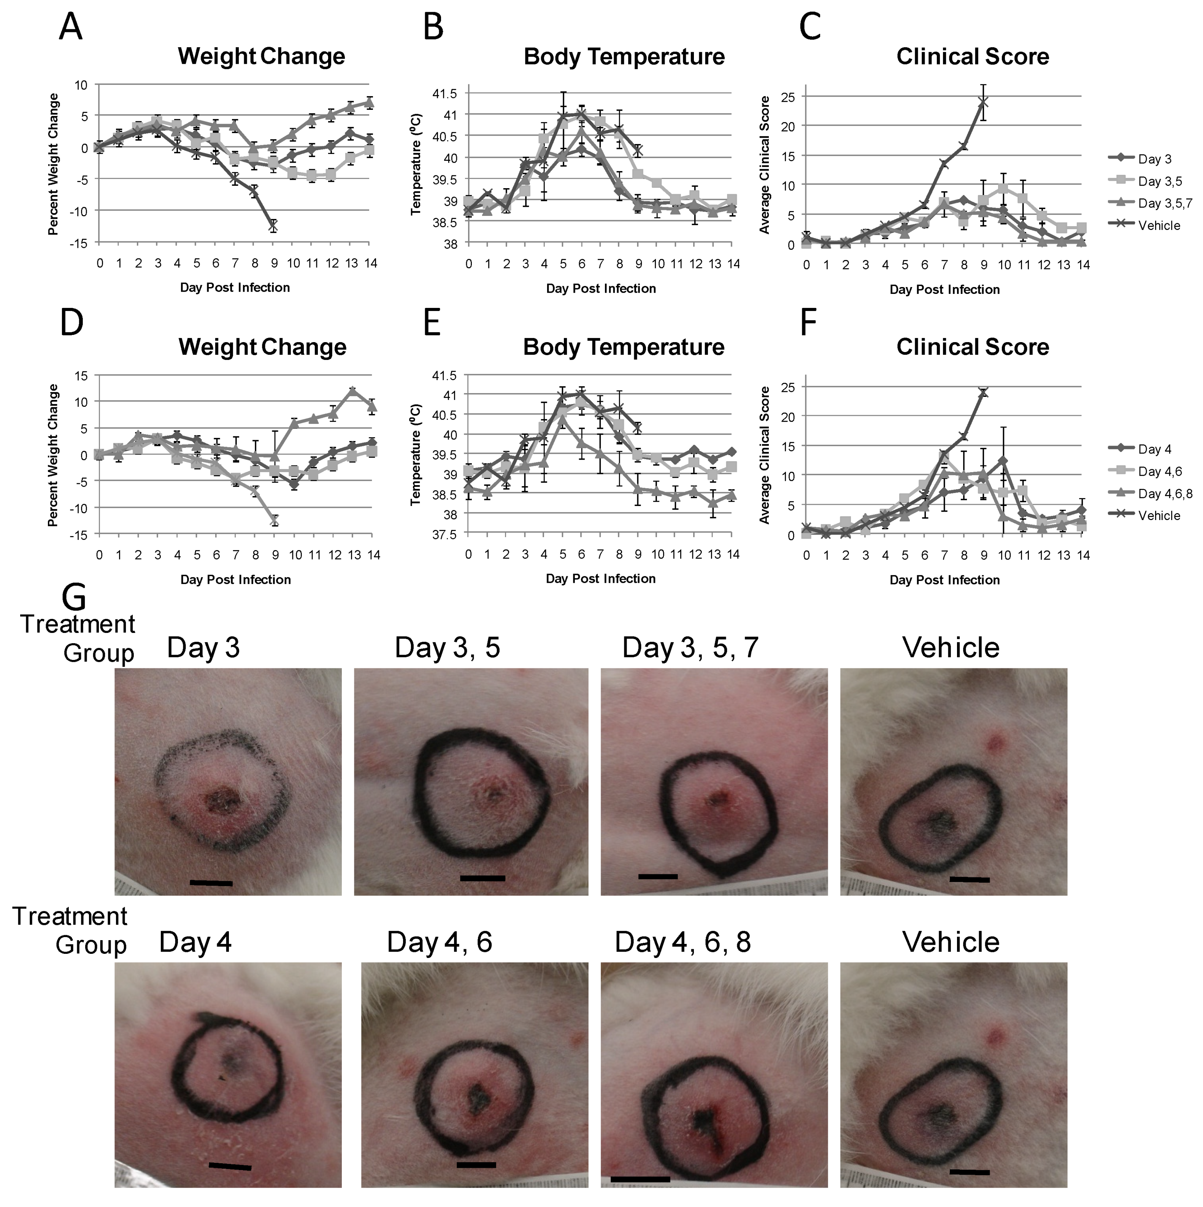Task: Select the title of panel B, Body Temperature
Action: (x=624, y=57)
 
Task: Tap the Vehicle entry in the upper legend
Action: (x=1159, y=225)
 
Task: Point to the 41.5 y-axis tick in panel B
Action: (x=445, y=94)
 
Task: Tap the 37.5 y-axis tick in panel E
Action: (x=445, y=534)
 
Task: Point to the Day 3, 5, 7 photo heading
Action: (x=690, y=648)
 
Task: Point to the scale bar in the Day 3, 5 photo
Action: (x=482, y=878)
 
